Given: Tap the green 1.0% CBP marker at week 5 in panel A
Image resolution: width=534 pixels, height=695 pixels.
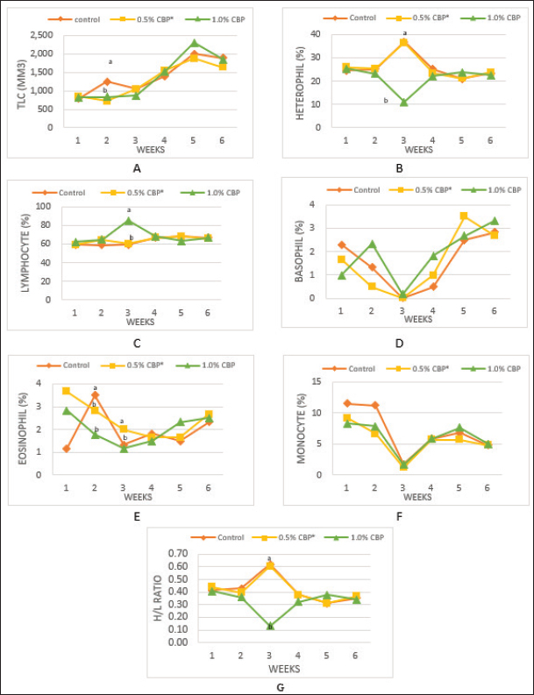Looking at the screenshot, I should (x=194, y=42).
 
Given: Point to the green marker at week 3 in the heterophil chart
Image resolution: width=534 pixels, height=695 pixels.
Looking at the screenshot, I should (x=404, y=103).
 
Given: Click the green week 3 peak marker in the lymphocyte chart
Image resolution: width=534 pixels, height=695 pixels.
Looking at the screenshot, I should (x=128, y=220).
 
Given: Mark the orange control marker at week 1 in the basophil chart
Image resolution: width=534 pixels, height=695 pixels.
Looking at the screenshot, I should (x=341, y=245).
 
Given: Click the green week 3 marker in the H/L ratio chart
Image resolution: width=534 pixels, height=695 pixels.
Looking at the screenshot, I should (x=270, y=627).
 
